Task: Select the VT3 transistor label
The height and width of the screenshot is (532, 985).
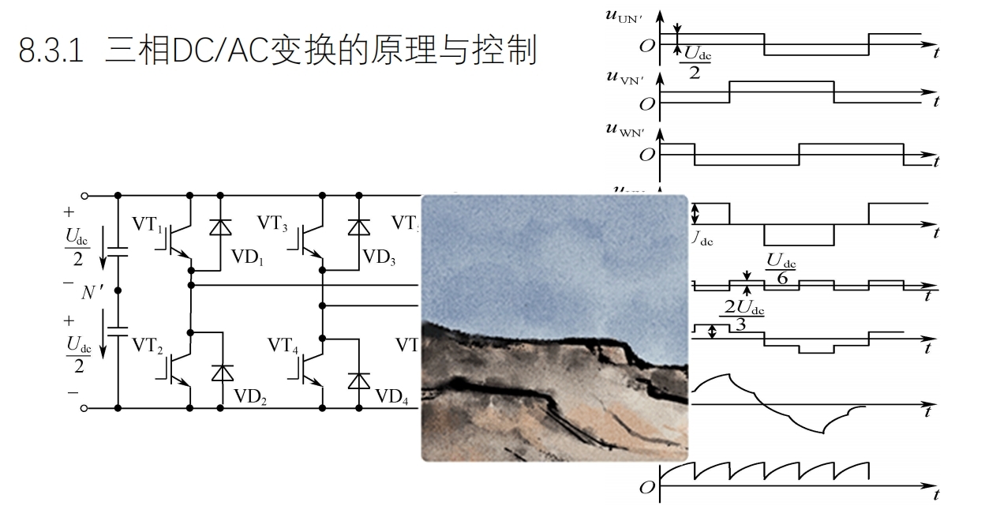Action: pos(272,223)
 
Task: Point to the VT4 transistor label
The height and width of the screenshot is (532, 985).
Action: pos(284,345)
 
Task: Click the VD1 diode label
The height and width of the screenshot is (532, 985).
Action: pos(246,258)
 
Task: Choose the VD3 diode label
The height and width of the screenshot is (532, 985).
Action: pos(379,258)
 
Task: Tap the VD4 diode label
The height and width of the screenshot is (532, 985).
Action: pos(391,397)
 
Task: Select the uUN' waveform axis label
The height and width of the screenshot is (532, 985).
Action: pos(624,17)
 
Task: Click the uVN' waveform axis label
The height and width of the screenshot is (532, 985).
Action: pos(624,77)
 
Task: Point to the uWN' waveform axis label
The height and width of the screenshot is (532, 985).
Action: pos(624,129)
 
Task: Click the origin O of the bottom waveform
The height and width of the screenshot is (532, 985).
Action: pos(647,487)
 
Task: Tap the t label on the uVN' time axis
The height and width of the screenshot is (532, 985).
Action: pos(936,101)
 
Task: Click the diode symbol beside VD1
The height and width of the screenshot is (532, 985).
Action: pos(219,227)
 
